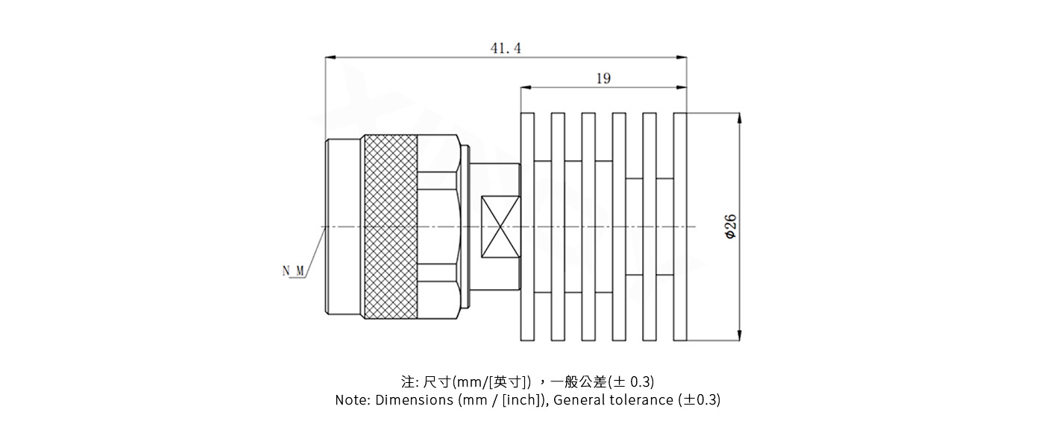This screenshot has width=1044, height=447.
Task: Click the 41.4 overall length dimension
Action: (x=506, y=48)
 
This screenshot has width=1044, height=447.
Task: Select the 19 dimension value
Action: (x=603, y=78)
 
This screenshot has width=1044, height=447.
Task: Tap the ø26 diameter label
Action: (x=731, y=226)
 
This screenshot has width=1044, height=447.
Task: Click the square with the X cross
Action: (x=500, y=226)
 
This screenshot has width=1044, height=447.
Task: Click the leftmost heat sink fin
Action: (x=527, y=226)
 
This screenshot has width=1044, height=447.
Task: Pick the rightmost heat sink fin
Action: (x=679, y=226)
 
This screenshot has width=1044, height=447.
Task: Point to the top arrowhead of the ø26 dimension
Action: (x=739, y=118)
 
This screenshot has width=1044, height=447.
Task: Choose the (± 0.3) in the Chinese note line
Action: (x=632, y=382)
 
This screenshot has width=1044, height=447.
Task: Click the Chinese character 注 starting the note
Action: (x=407, y=382)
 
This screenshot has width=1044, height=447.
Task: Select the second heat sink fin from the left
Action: (x=558, y=226)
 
